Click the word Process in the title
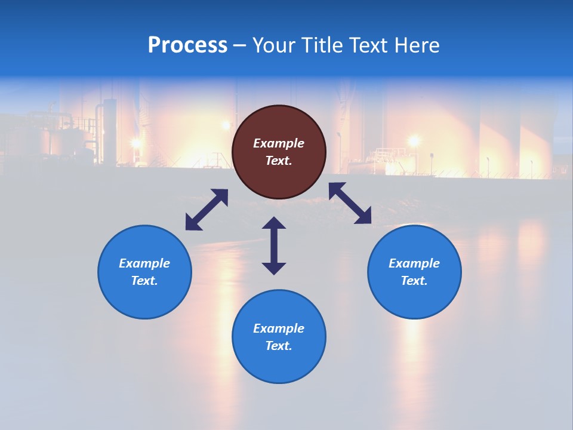pos(187,45)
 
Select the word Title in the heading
pos(323,45)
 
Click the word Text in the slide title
pos(369,45)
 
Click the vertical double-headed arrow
pos(274,245)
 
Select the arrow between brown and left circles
pos(207,210)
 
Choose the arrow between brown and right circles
pos(350,203)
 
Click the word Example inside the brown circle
pos(279,143)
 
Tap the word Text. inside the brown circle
pos(279,161)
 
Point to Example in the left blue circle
pos(144,263)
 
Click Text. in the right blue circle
pos(414,281)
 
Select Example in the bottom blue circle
pos(279,328)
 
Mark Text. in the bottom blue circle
pos(279,346)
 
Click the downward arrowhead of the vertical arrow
pos(274,268)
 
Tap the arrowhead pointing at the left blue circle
pos(192,224)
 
